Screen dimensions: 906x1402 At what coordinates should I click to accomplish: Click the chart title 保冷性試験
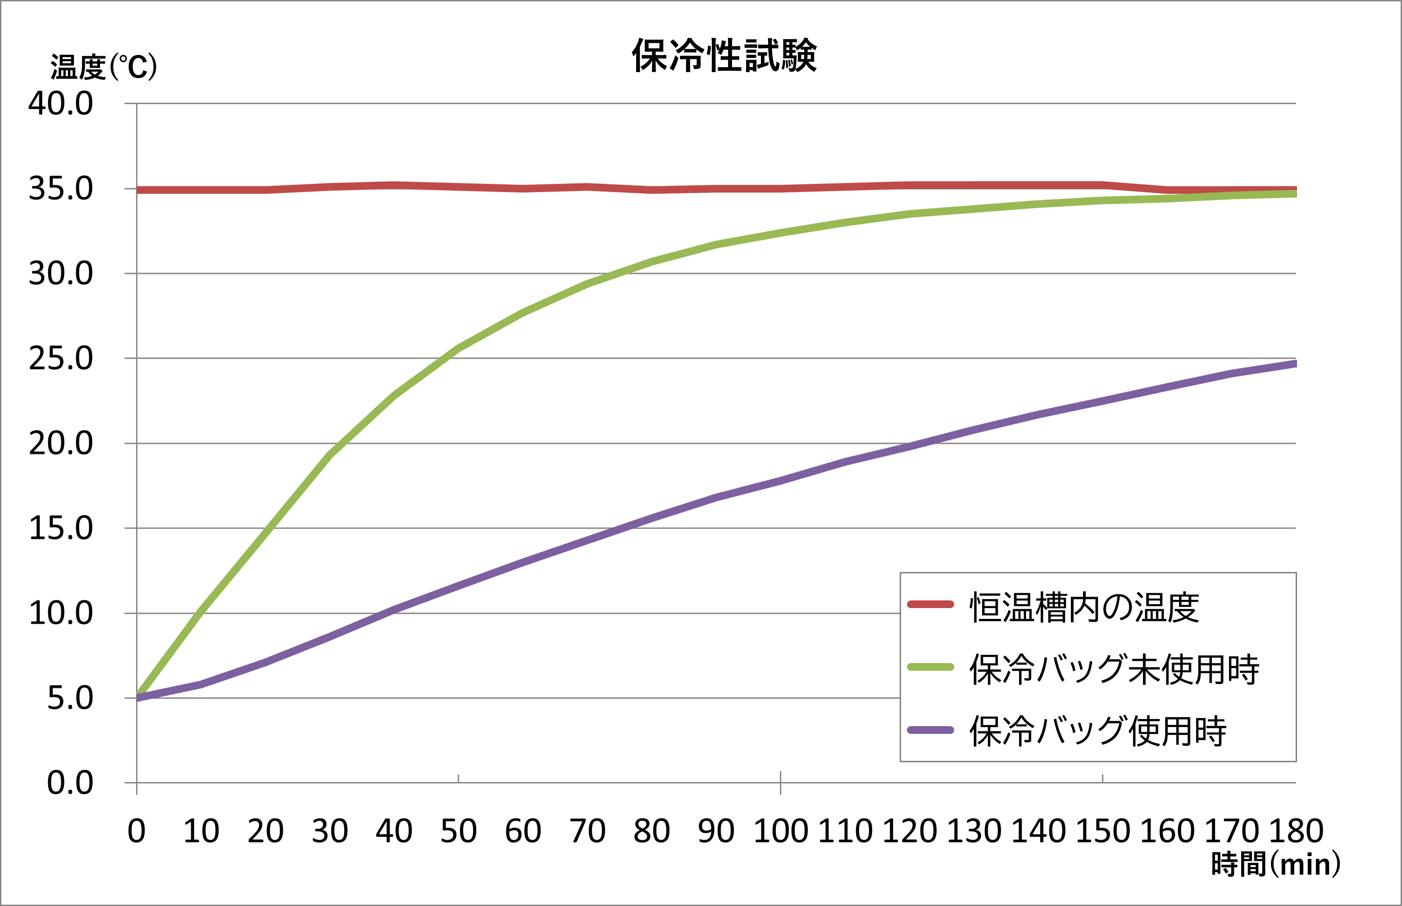724,56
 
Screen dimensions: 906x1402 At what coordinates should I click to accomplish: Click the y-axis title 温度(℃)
104,67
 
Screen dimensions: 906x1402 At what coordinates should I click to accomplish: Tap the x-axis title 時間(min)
1275,864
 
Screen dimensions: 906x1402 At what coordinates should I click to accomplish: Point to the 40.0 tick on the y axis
61,104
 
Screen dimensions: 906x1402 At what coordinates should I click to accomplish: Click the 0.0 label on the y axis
70,783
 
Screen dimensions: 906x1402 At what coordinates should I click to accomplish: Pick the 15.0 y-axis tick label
61,528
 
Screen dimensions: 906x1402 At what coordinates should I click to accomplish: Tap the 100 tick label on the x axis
781,831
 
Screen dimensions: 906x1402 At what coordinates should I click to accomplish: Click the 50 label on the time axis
458,831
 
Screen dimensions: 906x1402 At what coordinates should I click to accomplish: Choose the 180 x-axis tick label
1296,831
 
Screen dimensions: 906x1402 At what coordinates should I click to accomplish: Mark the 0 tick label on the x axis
137,831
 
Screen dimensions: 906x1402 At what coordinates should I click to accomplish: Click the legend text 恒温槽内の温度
1084,608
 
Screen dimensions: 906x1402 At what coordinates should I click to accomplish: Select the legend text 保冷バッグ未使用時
1114,669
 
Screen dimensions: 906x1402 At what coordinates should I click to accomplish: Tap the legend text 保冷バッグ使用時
1098,731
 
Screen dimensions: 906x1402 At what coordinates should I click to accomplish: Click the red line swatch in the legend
930,604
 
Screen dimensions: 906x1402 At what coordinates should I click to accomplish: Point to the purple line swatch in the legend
930,730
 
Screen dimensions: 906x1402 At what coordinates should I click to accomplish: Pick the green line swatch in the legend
930,667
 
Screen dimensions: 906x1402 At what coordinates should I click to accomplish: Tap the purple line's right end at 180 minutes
1294,364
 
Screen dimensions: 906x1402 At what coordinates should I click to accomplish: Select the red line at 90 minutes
716,189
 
